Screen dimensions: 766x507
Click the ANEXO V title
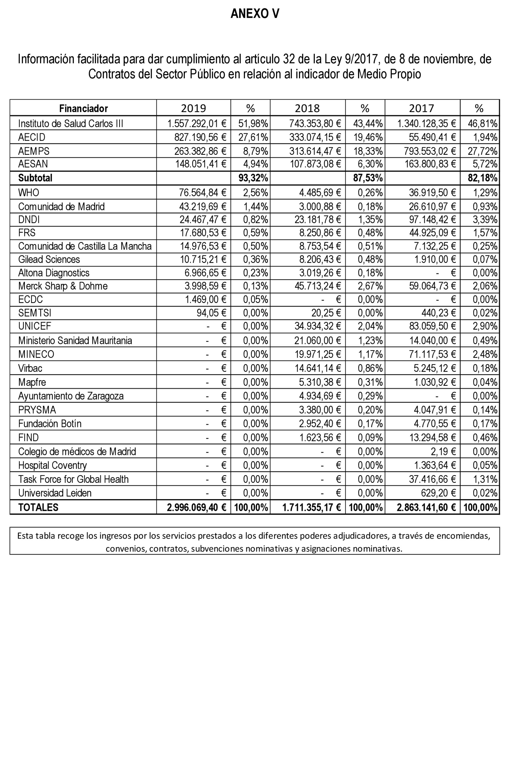(255, 14)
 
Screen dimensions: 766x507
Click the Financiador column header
(83, 108)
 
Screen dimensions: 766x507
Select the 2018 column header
(307, 108)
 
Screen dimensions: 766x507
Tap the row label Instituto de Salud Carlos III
(71, 124)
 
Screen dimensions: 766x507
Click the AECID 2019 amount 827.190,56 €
(200, 137)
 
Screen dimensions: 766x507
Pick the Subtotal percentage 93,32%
(253, 178)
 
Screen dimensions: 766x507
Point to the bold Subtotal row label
(35, 178)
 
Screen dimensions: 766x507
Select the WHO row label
(28, 193)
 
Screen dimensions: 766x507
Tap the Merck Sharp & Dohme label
(63, 286)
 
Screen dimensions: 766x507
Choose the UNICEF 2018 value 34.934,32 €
(317, 326)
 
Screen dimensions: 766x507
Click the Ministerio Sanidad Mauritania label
(75, 341)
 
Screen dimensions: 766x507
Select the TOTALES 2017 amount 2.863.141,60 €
(426, 507)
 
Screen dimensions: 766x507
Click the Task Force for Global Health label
(73, 479)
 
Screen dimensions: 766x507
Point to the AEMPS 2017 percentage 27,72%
(482, 151)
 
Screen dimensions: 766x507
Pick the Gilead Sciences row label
(49, 259)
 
